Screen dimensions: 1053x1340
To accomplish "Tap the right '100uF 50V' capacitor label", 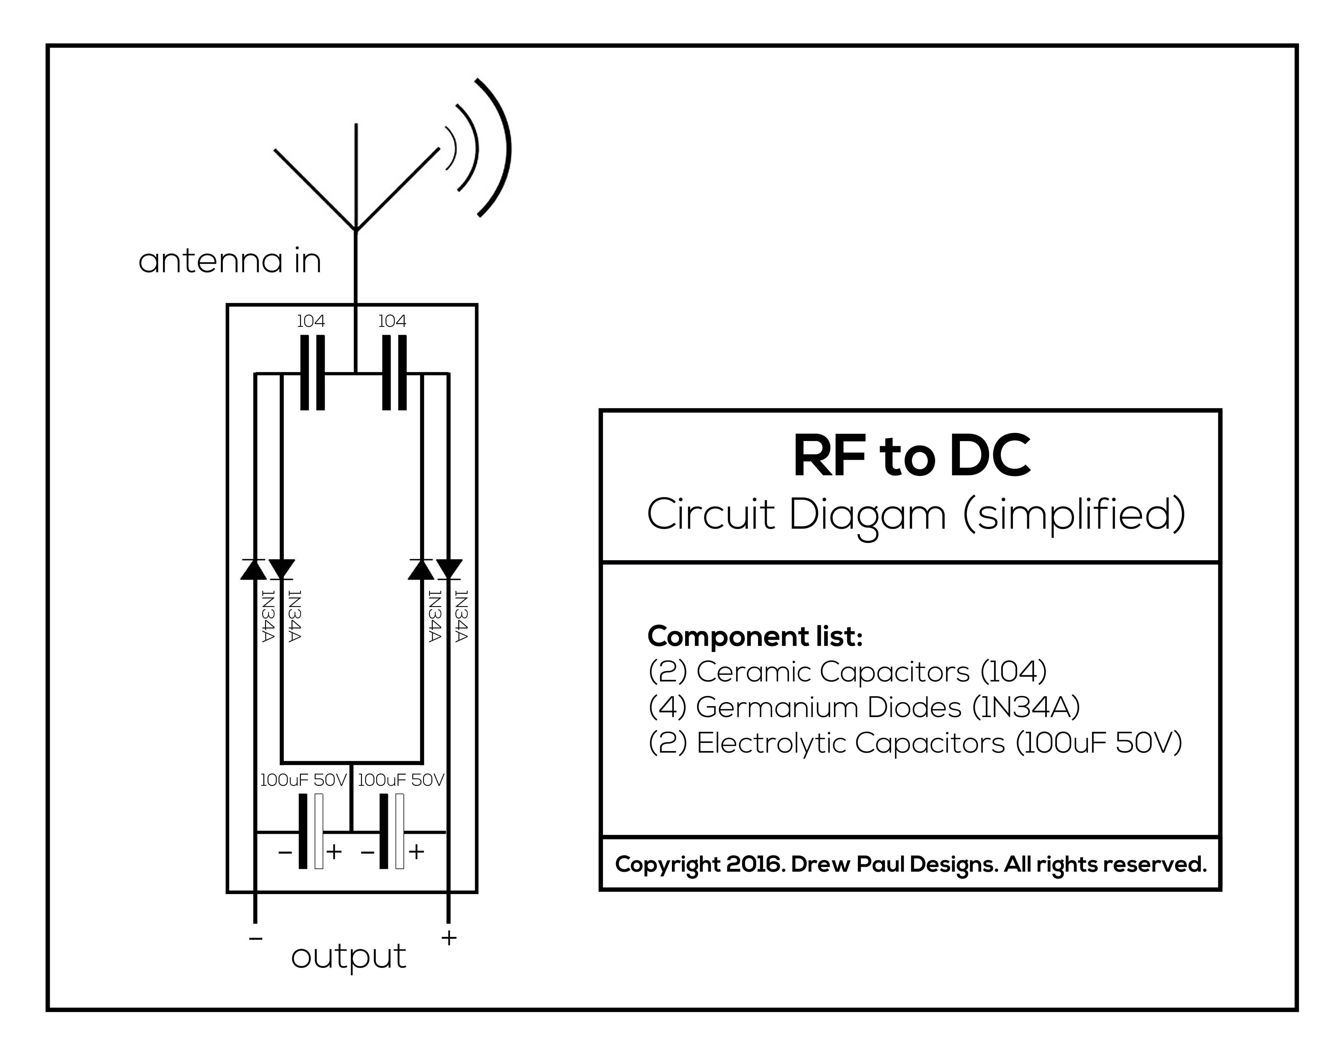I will coord(401,781).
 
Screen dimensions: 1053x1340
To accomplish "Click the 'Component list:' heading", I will coord(755,636).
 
